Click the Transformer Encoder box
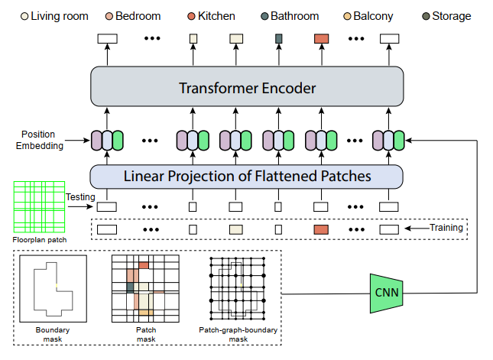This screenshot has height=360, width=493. pos(247,87)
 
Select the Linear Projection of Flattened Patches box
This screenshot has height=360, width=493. pos(247,176)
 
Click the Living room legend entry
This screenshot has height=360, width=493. pos(54,16)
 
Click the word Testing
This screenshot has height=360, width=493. pos(79,197)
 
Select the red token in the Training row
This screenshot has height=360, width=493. pos(321,229)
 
